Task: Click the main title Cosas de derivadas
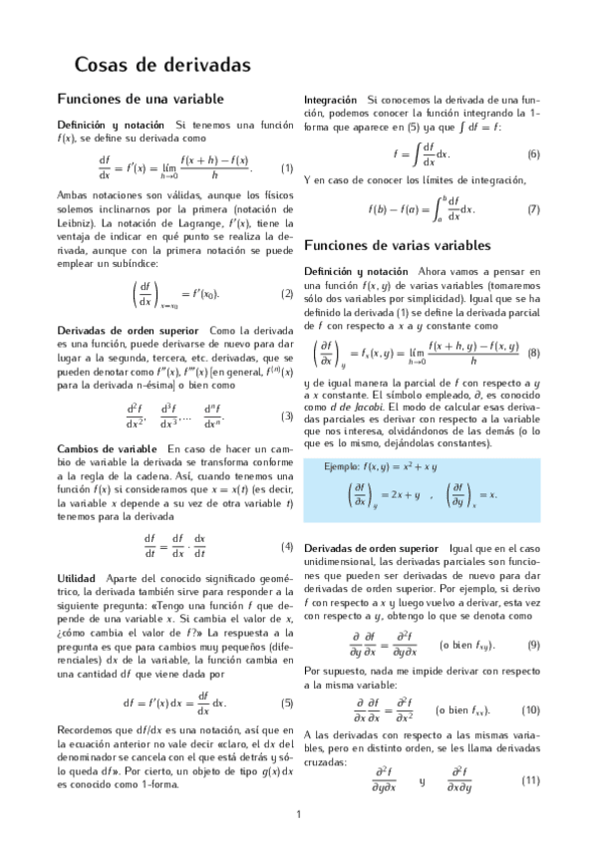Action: point(162,65)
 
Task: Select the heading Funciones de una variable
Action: point(141,99)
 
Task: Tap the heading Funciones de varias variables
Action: point(397,245)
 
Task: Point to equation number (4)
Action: point(287,546)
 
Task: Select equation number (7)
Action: point(533,209)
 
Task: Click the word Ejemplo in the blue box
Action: point(344,465)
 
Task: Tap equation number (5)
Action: point(287,703)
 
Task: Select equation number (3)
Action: point(287,416)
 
